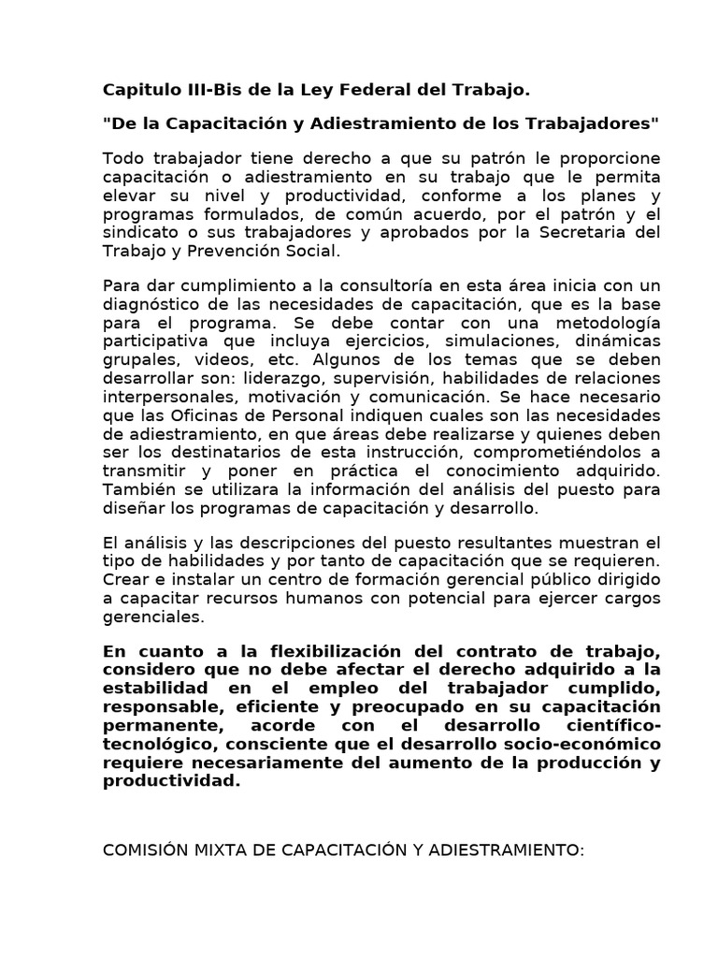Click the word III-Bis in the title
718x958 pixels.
(205, 91)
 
